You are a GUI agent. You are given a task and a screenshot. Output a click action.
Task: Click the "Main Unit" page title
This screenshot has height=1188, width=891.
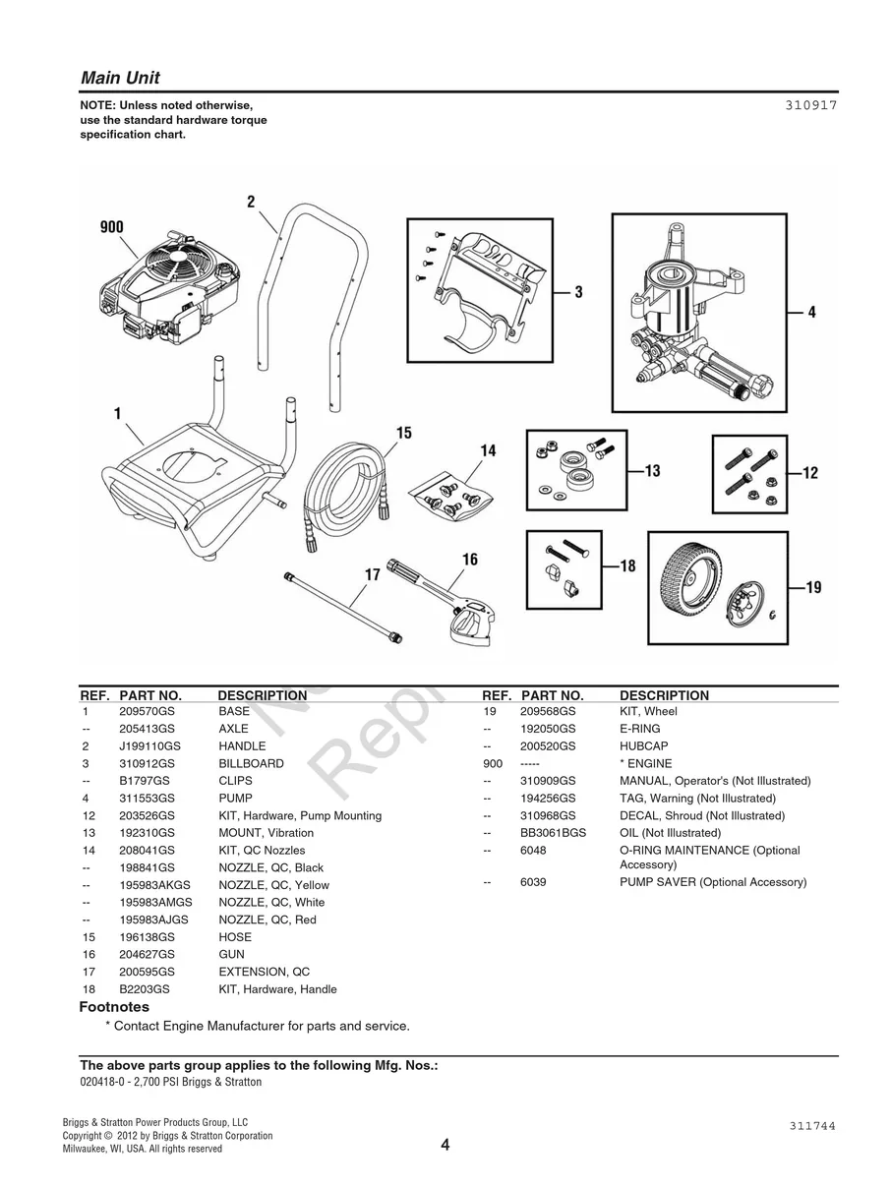(x=120, y=78)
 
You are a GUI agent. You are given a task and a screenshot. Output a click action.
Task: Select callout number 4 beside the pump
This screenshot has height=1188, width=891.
(x=811, y=313)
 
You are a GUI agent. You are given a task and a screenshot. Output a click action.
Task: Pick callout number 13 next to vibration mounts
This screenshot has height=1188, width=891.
(x=652, y=471)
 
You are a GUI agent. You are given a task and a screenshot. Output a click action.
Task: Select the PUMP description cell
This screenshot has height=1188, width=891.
(x=235, y=799)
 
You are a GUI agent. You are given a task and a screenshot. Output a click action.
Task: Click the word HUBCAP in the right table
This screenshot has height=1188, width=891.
(x=643, y=746)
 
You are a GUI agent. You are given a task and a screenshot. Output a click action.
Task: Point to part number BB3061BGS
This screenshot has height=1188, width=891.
(x=553, y=833)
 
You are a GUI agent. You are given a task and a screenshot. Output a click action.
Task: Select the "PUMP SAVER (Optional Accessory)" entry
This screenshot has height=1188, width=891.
(x=712, y=882)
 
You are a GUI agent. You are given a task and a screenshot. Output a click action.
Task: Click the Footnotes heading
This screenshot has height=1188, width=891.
(x=114, y=1007)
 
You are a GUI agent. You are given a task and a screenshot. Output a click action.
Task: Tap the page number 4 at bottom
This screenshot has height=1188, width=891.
(x=445, y=1145)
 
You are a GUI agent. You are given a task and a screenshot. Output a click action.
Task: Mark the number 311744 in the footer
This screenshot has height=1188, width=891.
(x=811, y=1127)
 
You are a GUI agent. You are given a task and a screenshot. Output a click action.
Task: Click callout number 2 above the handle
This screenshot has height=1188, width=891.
(x=251, y=202)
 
